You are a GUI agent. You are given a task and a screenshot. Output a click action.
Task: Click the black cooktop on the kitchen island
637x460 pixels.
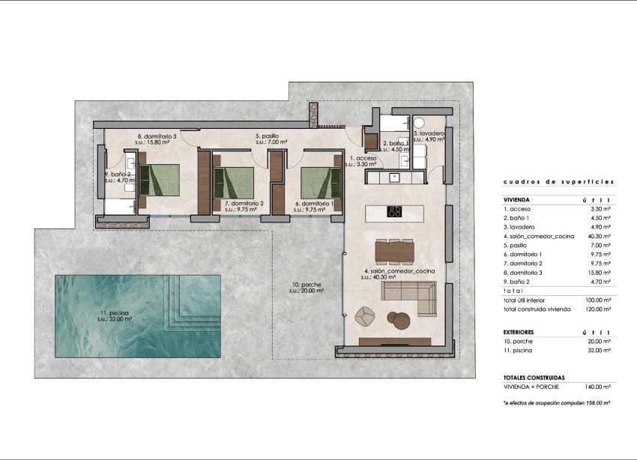(x=394, y=211)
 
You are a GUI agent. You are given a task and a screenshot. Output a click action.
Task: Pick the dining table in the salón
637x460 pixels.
(x=394, y=250)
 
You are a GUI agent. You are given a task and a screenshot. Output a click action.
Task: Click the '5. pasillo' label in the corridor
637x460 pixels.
(x=267, y=136)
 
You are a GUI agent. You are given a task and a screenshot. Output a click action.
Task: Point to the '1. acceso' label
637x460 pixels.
(x=363, y=159)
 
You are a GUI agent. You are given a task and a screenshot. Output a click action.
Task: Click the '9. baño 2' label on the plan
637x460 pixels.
(x=118, y=175)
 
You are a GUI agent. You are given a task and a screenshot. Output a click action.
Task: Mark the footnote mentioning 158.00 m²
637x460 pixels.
(x=557, y=403)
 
